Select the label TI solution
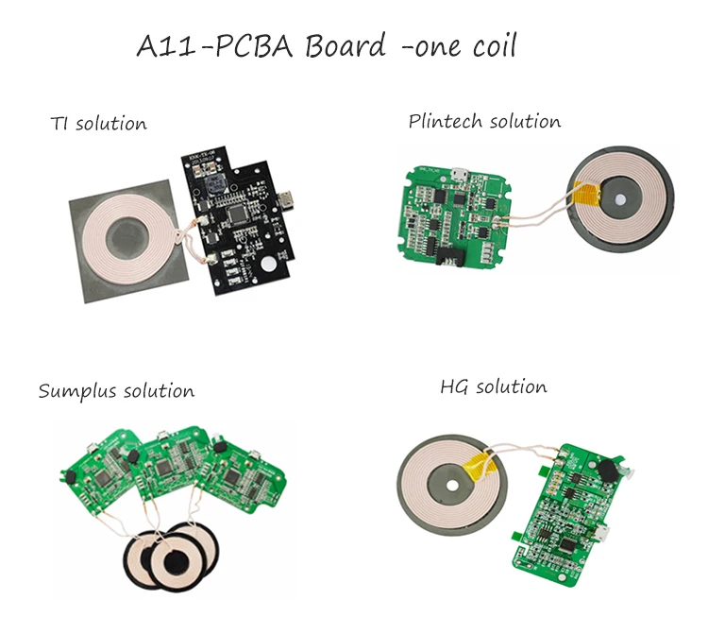[98, 124]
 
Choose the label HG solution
[493, 387]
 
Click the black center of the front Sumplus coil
[175, 563]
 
